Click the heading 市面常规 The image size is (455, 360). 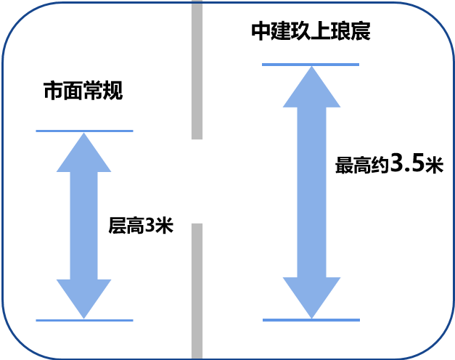click(83, 91)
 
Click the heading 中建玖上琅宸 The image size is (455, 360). click(311, 31)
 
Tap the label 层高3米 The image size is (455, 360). click(141, 226)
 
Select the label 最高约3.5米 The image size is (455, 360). click(389, 164)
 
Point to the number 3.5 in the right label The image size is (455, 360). click(407, 163)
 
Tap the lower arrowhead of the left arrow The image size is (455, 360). click(84, 297)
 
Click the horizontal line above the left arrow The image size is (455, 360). click(84, 131)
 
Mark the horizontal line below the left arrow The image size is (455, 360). click(84, 320)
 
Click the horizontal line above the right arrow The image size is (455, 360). click(311, 65)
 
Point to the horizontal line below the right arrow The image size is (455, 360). click(311, 319)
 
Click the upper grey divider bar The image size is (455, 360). click(197, 70)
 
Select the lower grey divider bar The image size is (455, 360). click(197, 290)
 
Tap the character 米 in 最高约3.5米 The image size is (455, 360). click(434, 165)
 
